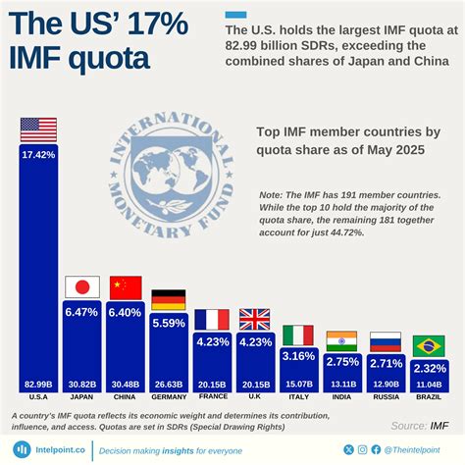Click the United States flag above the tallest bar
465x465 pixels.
(x=38, y=129)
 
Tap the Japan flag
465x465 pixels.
(x=81, y=286)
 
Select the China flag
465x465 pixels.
(x=126, y=286)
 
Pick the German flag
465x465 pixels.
(x=169, y=300)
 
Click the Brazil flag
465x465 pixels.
(x=428, y=345)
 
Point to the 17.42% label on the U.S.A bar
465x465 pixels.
(x=38, y=156)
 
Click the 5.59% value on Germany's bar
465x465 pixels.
(x=169, y=323)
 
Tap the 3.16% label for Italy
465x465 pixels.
(x=298, y=356)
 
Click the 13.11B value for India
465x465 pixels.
(x=341, y=384)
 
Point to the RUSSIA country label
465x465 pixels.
(x=385, y=397)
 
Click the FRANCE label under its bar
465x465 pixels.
(x=212, y=397)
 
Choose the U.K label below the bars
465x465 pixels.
(x=255, y=397)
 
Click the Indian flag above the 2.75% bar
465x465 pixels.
(x=341, y=340)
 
